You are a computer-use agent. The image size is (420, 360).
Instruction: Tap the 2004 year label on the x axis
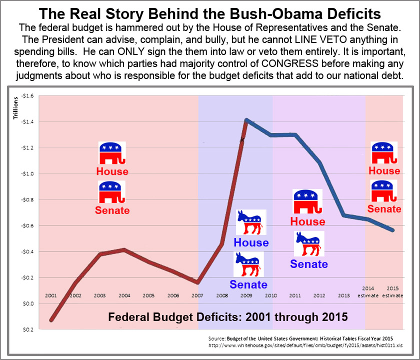click(124, 295)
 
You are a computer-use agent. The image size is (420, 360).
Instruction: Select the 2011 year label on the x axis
click(295, 295)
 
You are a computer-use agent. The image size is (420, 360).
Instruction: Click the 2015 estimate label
click(392, 292)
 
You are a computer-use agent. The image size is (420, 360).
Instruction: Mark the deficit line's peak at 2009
click(246, 120)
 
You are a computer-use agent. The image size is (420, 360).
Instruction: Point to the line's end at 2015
click(393, 230)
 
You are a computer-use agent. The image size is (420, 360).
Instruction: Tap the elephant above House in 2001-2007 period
click(112, 153)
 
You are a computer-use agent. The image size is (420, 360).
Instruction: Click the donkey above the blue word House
click(251, 222)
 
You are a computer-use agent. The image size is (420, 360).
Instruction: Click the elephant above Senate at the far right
click(384, 191)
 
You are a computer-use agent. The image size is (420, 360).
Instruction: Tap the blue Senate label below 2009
click(248, 284)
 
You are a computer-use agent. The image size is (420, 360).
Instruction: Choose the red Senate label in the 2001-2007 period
click(112, 210)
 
